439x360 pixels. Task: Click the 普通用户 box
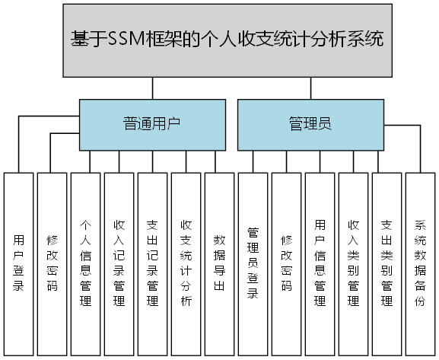click(x=152, y=124)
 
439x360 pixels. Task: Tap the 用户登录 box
click(x=19, y=264)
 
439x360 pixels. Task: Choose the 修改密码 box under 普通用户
click(x=52, y=264)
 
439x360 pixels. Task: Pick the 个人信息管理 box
click(x=86, y=264)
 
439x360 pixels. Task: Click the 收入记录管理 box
click(x=119, y=264)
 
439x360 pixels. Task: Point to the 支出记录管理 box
click(x=153, y=264)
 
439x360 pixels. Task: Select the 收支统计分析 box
click(x=186, y=264)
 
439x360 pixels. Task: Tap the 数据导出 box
click(x=220, y=264)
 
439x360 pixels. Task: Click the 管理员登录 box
click(x=253, y=264)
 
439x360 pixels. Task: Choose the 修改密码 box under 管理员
click(x=287, y=264)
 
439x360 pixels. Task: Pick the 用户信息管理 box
click(x=320, y=264)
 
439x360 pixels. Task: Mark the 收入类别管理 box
click(x=354, y=264)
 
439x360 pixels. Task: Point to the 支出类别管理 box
click(x=387, y=264)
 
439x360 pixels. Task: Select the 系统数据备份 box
click(x=420, y=264)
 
